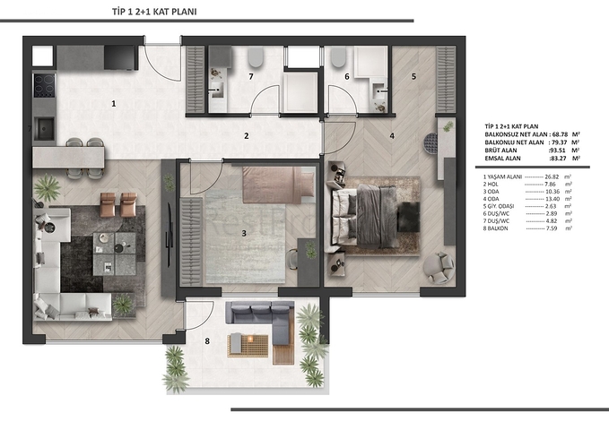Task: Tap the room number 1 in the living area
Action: tap(114, 104)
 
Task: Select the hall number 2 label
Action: tap(245, 136)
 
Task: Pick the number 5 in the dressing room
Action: tap(413, 77)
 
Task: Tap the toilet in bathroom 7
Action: tap(256, 59)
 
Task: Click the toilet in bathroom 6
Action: tap(338, 58)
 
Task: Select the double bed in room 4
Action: tap(368, 215)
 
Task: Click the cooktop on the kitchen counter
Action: tap(43, 85)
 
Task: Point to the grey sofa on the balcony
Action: tap(260, 315)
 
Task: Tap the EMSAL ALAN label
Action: tap(505, 158)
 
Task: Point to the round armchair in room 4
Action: tap(440, 266)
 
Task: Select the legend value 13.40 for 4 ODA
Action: tap(556, 199)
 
